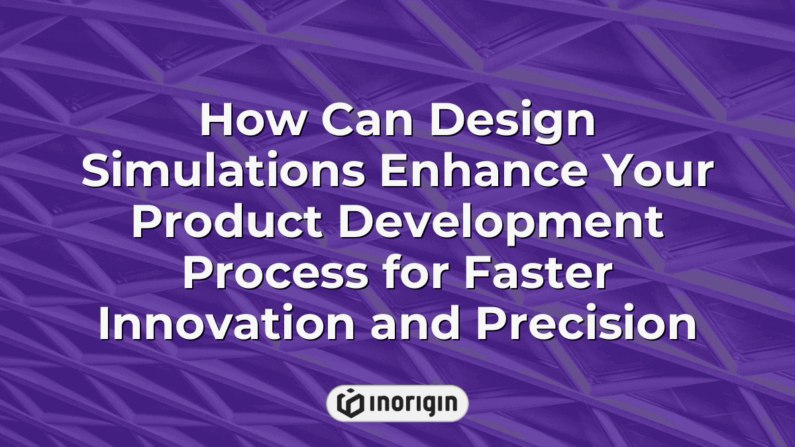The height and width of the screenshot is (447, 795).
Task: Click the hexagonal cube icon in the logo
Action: pos(348,403)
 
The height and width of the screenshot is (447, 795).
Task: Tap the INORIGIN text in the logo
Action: pos(411,403)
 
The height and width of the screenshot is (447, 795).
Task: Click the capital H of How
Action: pos(216,123)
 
